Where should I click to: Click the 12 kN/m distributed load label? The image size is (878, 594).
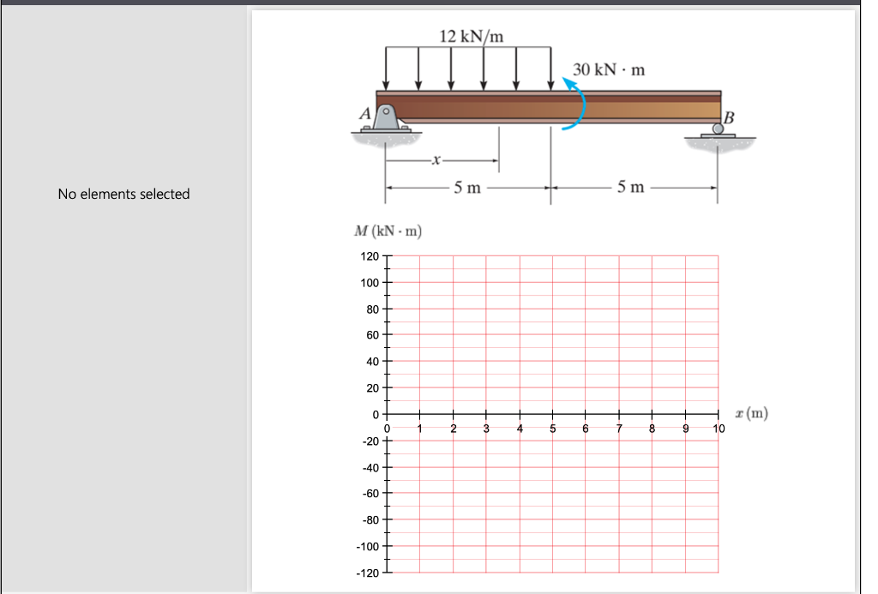(x=471, y=36)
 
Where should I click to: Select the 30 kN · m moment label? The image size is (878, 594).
(x=609, y=69)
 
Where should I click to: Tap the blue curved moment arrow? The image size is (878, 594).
(x=578, y=102)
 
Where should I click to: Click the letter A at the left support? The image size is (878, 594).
(x=365, y=113)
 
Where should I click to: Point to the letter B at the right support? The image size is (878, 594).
(x=730, y=117)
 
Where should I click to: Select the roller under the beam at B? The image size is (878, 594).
(x=718, y=129)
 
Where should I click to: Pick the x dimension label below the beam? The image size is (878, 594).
(x=436, y=159)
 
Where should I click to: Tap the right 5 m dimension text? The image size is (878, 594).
(x=630, y=188)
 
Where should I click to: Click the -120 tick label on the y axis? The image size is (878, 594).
(x=368, y=573)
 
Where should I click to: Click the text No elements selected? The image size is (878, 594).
(x=123, y=194)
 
